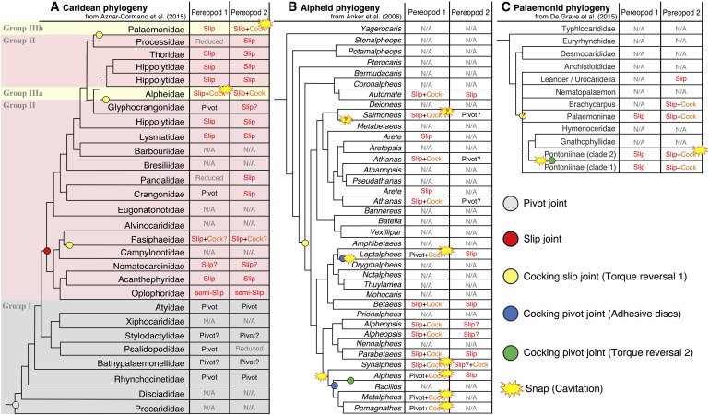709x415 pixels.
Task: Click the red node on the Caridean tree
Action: (47, 252)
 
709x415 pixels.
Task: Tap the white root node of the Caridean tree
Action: (16, 405)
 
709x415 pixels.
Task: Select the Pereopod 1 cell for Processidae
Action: (207, 41)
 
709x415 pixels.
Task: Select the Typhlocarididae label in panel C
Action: (573, 29)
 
